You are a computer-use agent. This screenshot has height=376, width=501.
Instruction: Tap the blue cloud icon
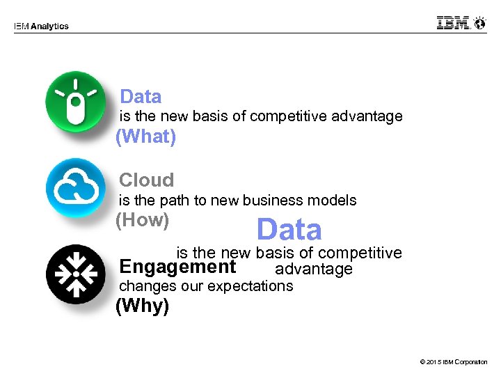tap(75, 187)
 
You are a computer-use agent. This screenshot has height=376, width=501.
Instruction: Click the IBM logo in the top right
tap(454, 23)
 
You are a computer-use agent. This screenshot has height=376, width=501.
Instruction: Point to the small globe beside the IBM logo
tap(479, 23)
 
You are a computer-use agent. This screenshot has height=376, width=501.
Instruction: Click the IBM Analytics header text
tap(41, 26)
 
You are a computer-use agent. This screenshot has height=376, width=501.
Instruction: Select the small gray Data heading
tap(141, 97)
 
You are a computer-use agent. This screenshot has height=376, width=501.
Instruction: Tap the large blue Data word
tap(289, 230)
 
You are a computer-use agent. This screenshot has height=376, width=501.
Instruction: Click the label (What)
tap(145, 136)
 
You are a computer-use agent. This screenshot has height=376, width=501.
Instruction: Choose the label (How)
tap(142, 220)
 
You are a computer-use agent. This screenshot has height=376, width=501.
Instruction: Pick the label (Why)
tap(142, 306)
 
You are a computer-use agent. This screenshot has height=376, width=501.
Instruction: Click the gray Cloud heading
tap(146, 180)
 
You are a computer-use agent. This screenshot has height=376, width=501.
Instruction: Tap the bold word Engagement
tap(177, 267)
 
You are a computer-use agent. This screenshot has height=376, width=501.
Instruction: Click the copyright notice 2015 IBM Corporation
tap(454, 362)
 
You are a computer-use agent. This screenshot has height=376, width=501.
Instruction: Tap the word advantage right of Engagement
tap(314, 269)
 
